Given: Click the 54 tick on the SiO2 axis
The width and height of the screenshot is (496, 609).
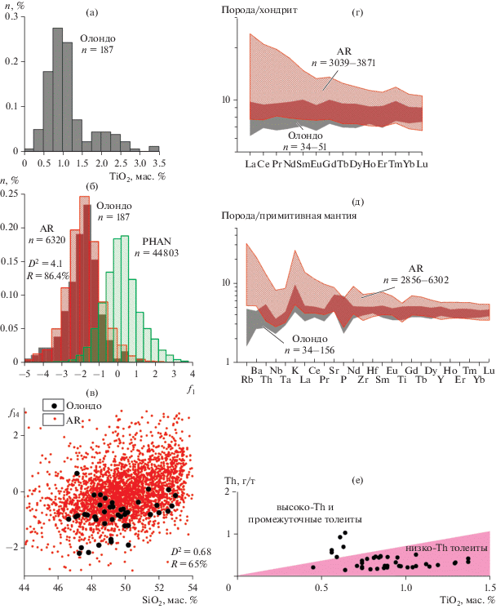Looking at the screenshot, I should (192, 588).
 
